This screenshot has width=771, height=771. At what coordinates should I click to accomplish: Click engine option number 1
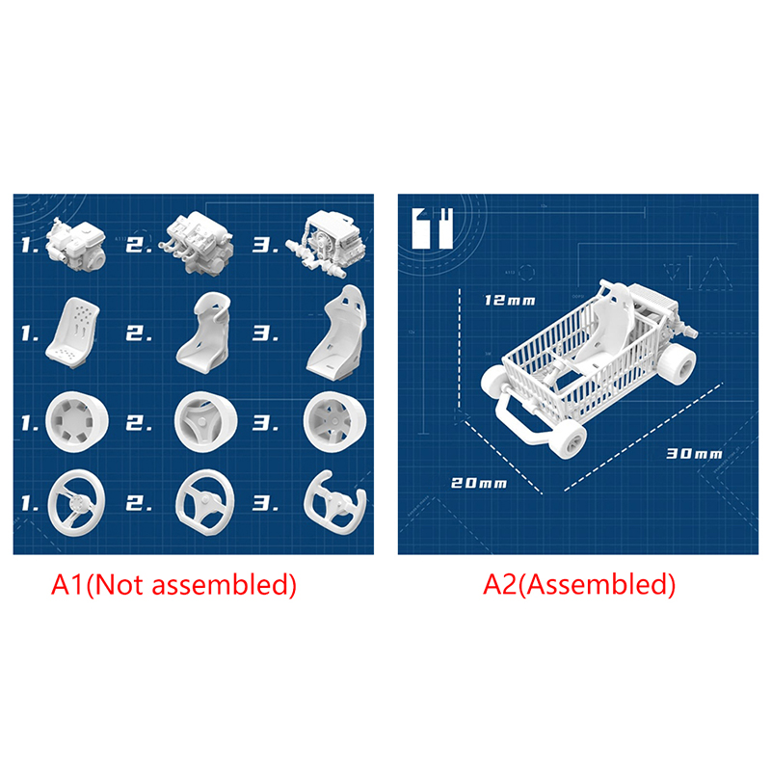coord(76,245)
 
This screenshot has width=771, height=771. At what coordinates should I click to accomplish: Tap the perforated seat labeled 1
coord(73,332)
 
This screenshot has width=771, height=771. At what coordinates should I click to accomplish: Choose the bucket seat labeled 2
coord(204,332)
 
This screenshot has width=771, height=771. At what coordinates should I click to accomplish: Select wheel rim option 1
coord(77,421)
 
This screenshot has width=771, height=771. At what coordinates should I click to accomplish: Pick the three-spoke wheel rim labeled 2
coord(206,422)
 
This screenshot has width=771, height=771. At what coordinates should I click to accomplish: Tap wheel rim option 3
coord(334,422)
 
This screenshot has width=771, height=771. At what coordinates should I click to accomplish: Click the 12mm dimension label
coord(510,300)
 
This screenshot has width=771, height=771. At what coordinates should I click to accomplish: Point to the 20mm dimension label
coord(479,483)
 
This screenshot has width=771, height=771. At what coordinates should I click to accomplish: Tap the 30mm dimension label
coord(694,453)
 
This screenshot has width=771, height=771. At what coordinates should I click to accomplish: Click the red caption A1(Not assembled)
coord(173,585)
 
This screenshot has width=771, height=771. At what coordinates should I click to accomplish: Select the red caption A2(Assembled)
coord(579,585)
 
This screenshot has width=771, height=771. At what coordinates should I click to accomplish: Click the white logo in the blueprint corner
coord(433,228)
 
